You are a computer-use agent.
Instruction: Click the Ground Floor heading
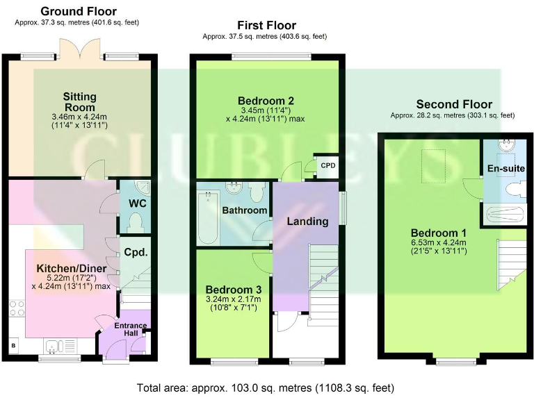click(78, 11)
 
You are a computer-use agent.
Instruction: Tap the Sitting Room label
click(79, 102)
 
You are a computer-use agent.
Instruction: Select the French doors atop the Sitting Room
click(74, 49)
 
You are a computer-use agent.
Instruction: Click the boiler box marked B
click(13, 345)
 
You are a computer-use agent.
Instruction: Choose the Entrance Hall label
click(131, 330)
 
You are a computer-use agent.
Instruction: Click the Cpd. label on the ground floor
click(136, 252)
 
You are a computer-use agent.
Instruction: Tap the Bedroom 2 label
click(267, 100)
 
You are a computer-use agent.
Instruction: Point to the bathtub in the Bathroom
click(208, 218)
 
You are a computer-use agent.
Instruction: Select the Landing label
click(308, 222)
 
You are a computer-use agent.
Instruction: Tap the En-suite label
click(505, 169)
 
